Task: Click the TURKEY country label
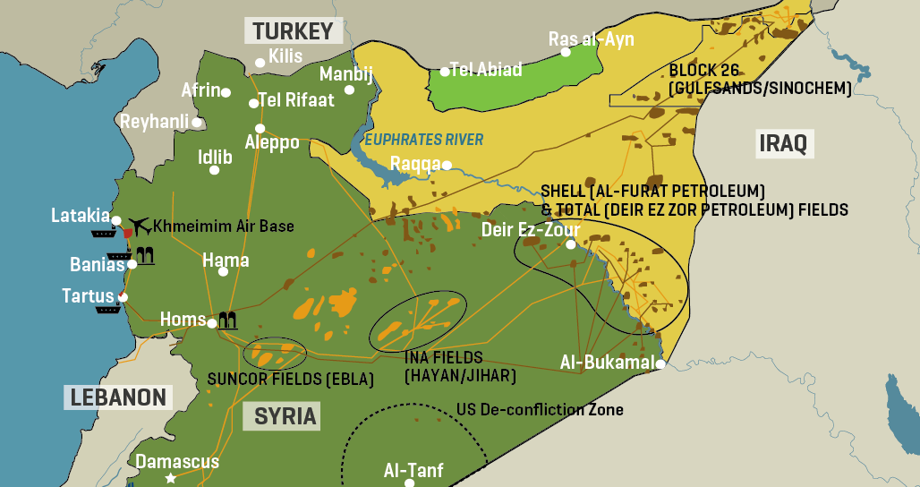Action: coord(293,31)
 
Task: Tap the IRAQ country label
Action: coord(783,142)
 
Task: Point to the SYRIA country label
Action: coord(285,416)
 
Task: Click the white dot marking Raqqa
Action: coord(447,165)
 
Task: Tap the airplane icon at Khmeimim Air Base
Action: coord(139,224)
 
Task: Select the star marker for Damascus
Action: coord(170,478)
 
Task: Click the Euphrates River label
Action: coord(423,140)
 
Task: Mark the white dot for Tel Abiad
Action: coord(444,71)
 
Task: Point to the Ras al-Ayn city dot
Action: coord(566,52)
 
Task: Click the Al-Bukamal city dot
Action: coord(660,363)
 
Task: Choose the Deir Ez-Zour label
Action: coord(531,230)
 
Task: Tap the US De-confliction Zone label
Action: coord(540,410)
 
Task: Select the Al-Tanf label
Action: coord(413,470)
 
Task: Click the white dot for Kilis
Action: coord(260,63)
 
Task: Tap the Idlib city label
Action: coord(215,158)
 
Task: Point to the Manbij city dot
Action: coord(349,90)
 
